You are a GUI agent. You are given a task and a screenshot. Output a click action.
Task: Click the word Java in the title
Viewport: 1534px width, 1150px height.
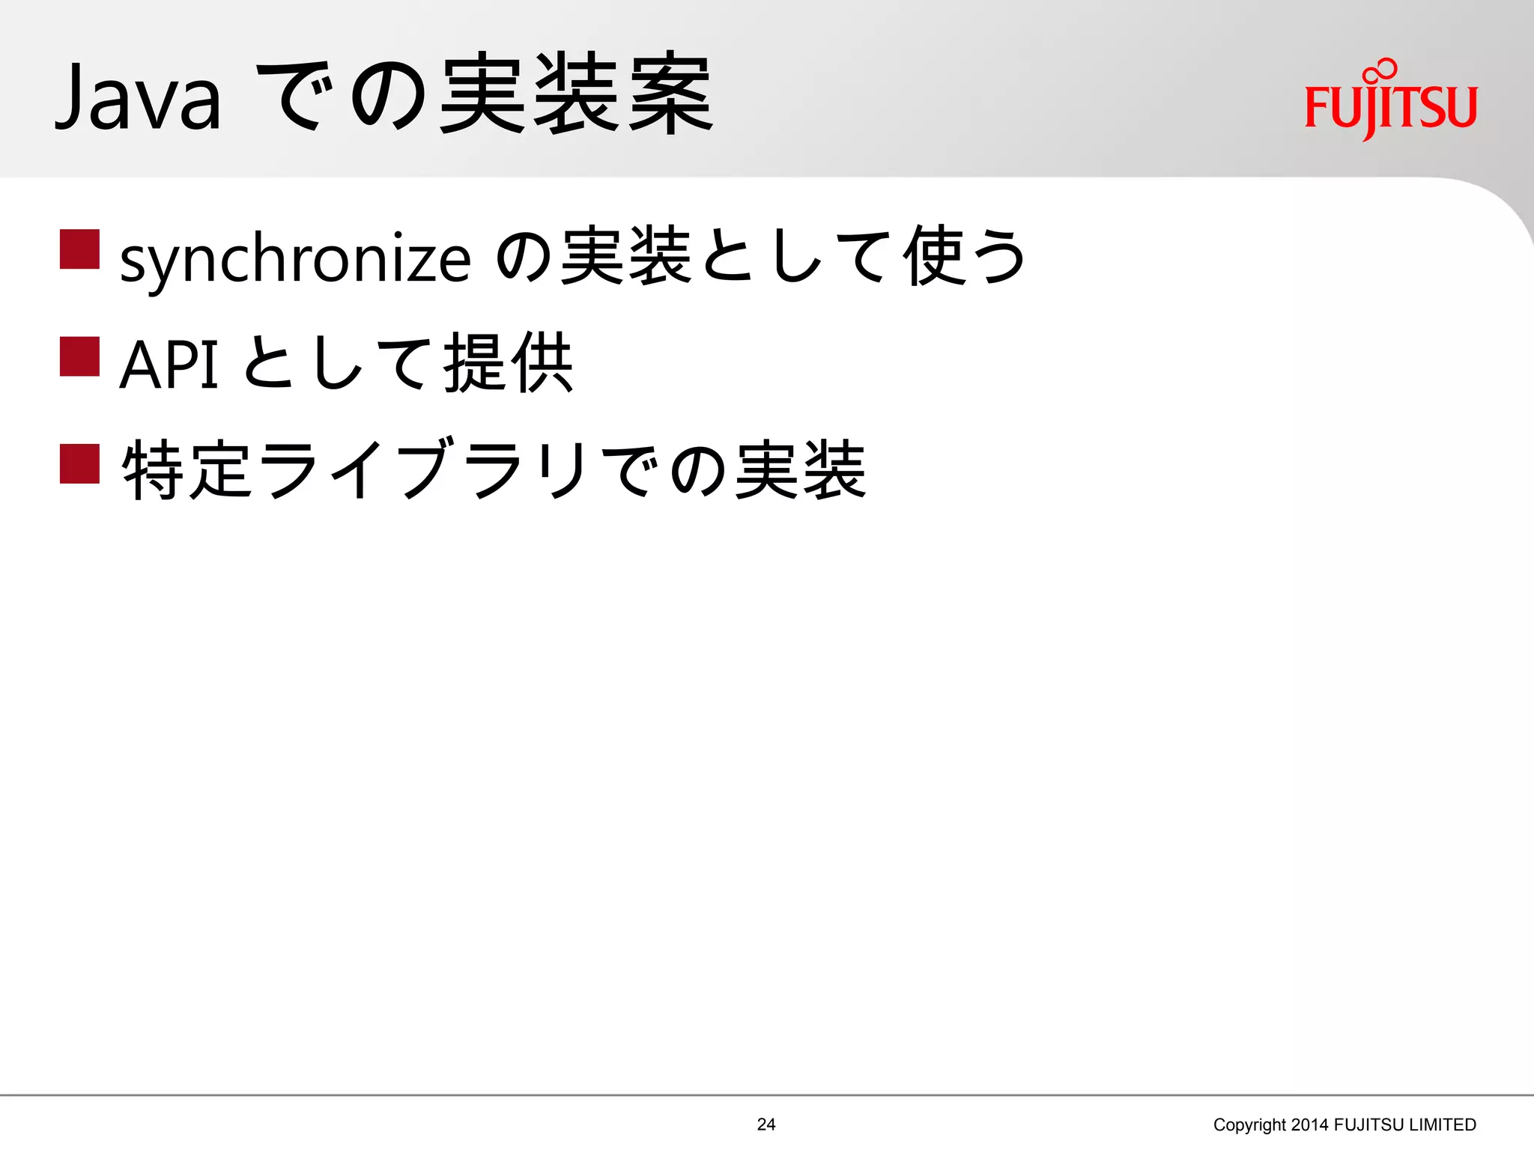139,98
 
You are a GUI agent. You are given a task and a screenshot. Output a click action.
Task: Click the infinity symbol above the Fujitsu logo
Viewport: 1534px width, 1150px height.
1380,70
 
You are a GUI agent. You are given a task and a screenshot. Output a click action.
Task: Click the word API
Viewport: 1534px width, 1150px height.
169,365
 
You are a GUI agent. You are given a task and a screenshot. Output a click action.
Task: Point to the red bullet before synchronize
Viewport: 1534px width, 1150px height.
80,249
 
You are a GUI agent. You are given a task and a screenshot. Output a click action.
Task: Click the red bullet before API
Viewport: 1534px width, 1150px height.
80,356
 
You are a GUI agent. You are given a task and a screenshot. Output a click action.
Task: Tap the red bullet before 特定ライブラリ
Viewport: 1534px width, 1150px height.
80,464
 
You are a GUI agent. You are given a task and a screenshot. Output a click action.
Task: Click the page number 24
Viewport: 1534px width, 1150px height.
766,1124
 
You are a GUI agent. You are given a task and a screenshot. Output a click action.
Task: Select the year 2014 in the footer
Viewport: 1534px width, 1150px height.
1310,1125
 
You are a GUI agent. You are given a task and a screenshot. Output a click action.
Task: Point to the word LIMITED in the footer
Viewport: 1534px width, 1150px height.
1442,1125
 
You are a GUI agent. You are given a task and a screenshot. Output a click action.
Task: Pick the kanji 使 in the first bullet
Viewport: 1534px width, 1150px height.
933,257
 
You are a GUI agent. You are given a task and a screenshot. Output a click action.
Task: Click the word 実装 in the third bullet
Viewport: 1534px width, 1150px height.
801,470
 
